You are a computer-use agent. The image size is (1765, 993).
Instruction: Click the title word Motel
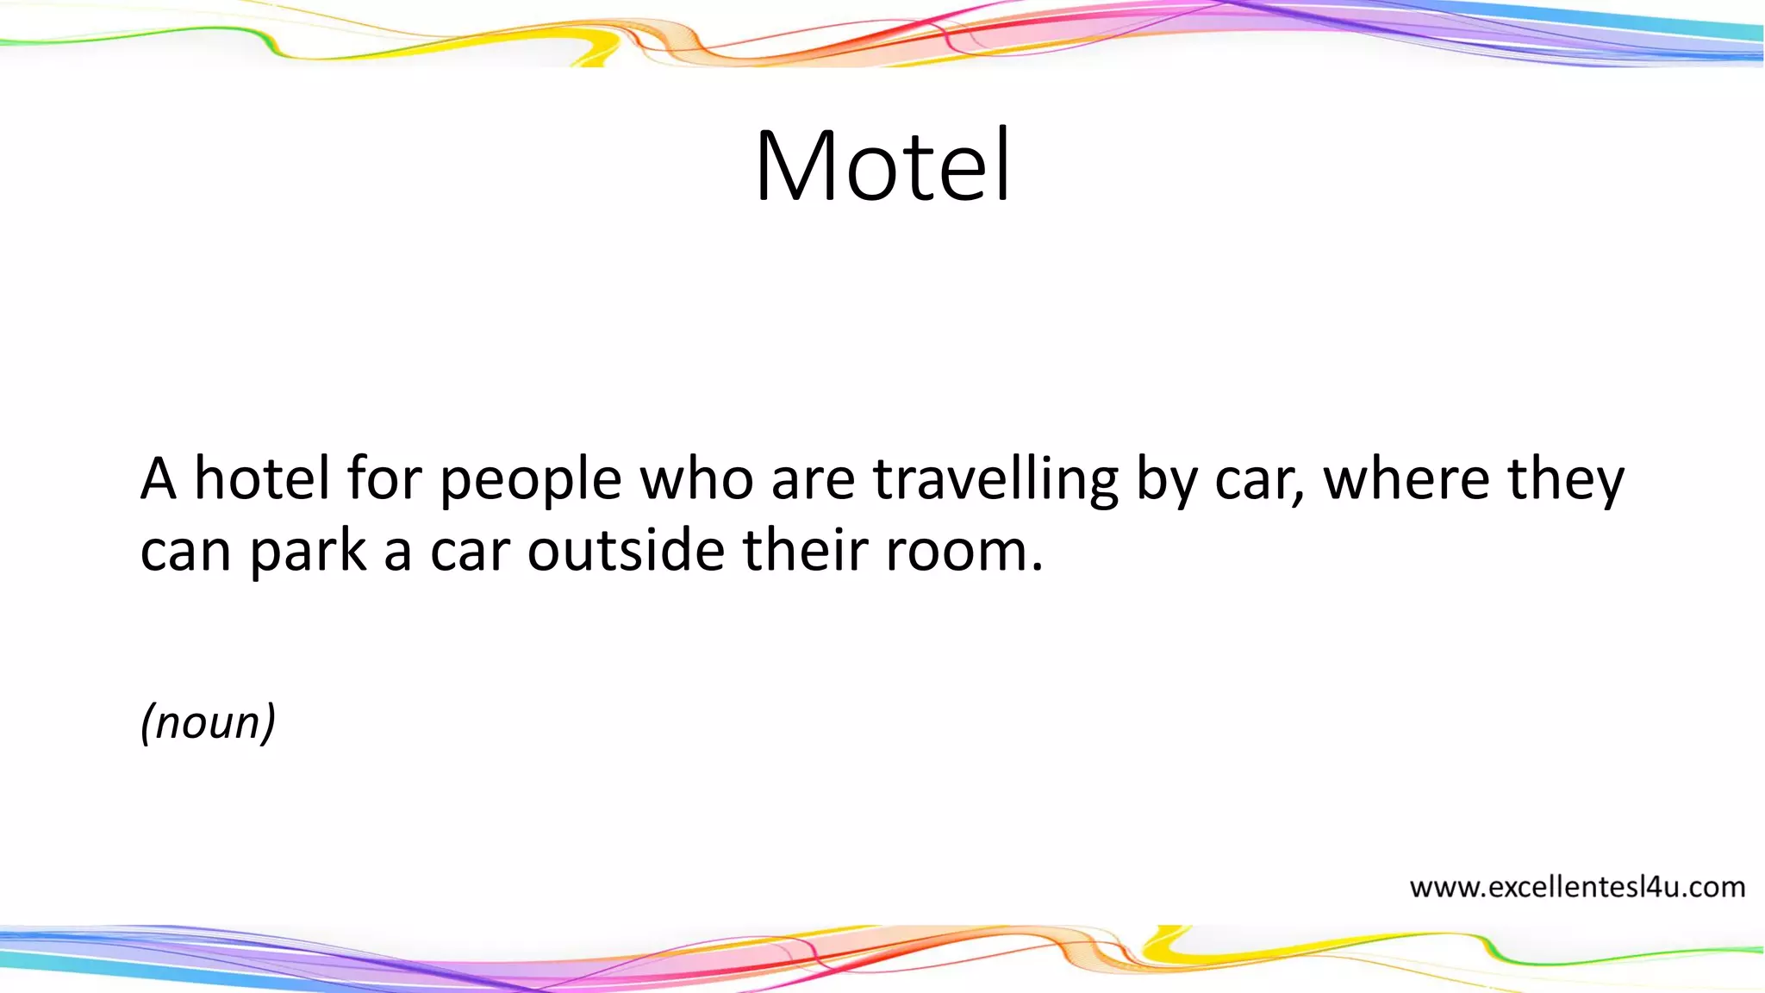[x=882, y=165]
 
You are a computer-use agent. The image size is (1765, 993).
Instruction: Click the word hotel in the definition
[x=262, y=478]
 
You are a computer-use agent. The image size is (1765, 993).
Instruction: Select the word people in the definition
[x=531, y=480]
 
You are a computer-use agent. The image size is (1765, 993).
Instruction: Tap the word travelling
[x=995, y=480]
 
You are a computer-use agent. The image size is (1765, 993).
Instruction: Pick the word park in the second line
[x=309, y=552]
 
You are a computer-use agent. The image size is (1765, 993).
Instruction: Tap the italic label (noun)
[x=208, y=721]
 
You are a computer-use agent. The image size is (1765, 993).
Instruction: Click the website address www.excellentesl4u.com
[x=1577, y=887]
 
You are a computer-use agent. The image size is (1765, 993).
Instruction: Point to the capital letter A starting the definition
[x=159, y=478]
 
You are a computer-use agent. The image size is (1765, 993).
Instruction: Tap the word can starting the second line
[x=185, y=552]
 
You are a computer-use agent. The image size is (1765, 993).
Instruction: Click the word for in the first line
[x=384, y=478]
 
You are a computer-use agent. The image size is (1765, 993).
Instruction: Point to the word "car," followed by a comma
[x=1260, y=480]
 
